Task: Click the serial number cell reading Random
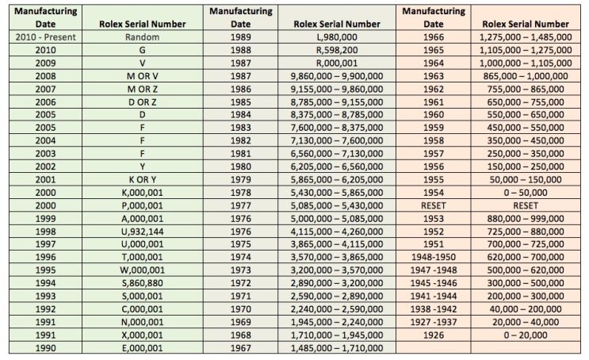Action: [x=142, y=37]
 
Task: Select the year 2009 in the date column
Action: [x=45, y=63]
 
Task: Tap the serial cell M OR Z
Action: [x=142, y=89]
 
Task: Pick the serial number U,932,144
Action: [x=142, y=232]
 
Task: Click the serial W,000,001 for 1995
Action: [x=142, y=270]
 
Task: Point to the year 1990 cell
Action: [x=45, y=348]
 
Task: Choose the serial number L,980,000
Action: [x=337, y=37]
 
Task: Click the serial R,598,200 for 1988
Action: [x=337, y=50]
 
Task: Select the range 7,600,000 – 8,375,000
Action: [x=337, y=128]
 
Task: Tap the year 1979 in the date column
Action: [x=240, y=180]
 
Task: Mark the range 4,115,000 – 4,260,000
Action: [x=337, y=232]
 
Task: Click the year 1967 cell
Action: [x=240, y=348]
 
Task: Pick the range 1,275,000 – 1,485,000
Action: [x=526, y=37]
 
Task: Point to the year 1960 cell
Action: [x=434, y=115]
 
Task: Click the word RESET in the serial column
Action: [x=526, y=205]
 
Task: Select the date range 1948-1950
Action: [x=434, y=258]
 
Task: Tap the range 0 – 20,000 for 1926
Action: [x=526, y=335]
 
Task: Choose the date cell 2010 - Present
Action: [x=45, y=37]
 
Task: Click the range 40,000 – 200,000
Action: [x=526, y=309]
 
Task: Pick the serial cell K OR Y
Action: [x=142, y=180]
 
